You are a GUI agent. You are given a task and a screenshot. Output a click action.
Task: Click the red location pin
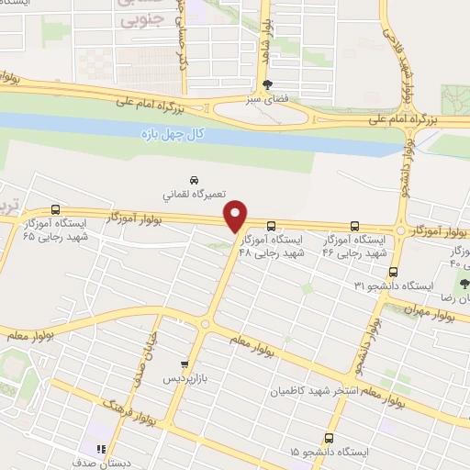point(237,217)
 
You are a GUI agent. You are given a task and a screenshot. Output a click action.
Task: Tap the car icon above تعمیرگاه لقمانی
point(194,180)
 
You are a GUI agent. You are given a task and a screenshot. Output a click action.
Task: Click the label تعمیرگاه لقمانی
point(190,196)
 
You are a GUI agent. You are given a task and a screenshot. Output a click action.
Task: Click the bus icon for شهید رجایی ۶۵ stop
point(55,209)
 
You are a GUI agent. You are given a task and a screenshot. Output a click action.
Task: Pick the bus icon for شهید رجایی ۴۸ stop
point(271,226)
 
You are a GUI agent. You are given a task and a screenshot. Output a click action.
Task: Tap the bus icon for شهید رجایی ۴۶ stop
point(355,225)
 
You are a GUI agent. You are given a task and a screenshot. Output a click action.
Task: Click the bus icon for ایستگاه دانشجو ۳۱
point(394,272)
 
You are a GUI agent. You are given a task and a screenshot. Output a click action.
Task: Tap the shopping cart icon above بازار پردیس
point(185,364)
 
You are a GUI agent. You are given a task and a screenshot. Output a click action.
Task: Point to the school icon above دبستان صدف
point(102,449)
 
